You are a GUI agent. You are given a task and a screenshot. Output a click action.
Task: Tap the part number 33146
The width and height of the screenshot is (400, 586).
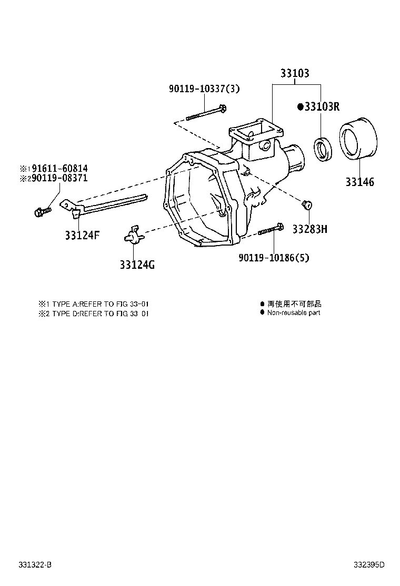[x=360, y=182]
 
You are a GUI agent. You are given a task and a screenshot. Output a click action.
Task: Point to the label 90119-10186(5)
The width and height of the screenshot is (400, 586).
[x=274, y=258]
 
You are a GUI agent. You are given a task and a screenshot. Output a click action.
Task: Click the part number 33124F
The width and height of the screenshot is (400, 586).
[x=82, y=235]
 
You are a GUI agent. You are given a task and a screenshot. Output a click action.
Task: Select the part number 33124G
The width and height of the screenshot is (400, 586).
[x=137, y=265]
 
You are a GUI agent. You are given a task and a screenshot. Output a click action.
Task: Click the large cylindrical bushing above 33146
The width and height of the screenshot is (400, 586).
[x=357, y=139]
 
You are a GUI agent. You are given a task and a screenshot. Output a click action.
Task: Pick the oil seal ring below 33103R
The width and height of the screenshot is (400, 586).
[x=322, y=148]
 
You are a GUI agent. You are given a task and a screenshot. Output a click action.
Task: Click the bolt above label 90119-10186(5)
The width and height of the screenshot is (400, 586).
[x=271, y=230]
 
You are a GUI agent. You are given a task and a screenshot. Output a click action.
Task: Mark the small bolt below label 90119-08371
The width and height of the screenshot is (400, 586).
[x=42, y=211]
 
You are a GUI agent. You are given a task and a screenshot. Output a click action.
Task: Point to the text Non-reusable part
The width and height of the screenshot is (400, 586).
[x=293, y=313]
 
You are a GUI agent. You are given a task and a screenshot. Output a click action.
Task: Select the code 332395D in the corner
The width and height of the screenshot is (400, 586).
[x=368, y=565]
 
